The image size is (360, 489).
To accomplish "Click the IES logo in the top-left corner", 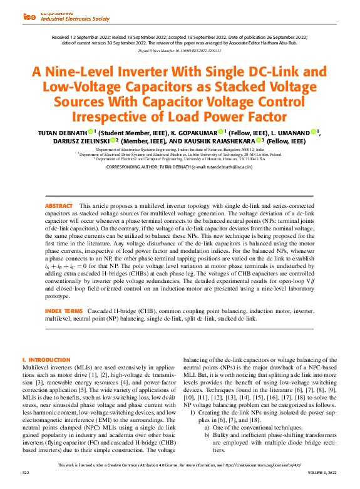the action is (x=29, y=17).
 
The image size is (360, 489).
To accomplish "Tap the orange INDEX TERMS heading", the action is (x=63, y=311).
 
